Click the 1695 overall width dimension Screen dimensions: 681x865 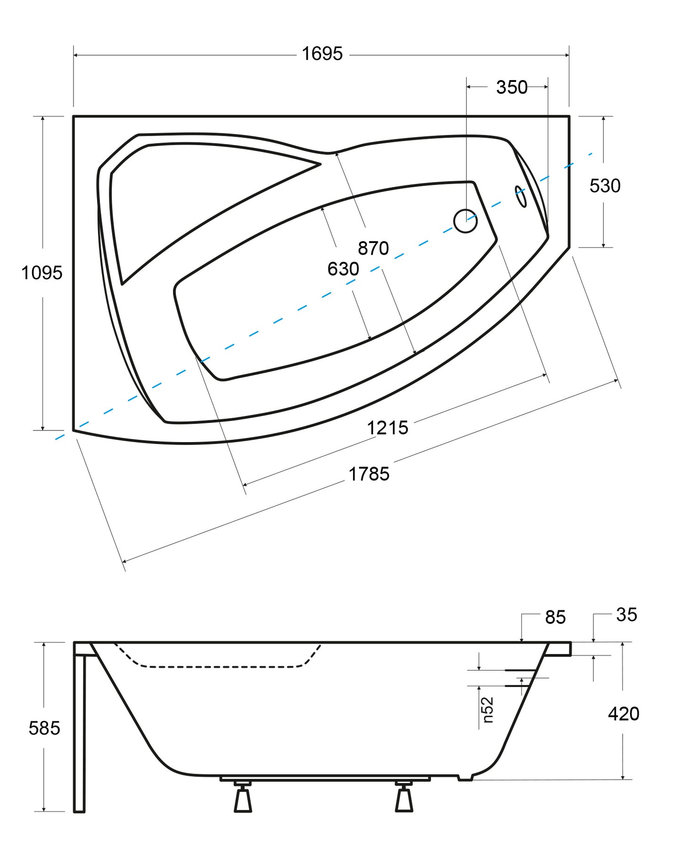pyautogui.click(x=322, y=54)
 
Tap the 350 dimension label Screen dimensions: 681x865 pyautogui.click(x=512, y=88)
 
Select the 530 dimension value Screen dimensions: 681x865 pyautogui.click(x=605, y=186)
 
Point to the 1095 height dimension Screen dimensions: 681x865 pyautogui.click(x=41, y=273)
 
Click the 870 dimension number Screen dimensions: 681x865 pyautogui.click(x=373, y=248)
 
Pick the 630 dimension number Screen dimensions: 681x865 pyautogui.click(x=343, y=269)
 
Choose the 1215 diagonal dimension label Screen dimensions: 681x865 pyautogui.click(x=387, y=428)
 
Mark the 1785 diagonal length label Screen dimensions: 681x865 pyautogui.click(x=369, y=474)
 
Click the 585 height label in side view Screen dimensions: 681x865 pyautogui.click(x=44, y=728)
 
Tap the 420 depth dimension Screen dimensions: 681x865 pyautogui.click(x=624, y=714)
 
